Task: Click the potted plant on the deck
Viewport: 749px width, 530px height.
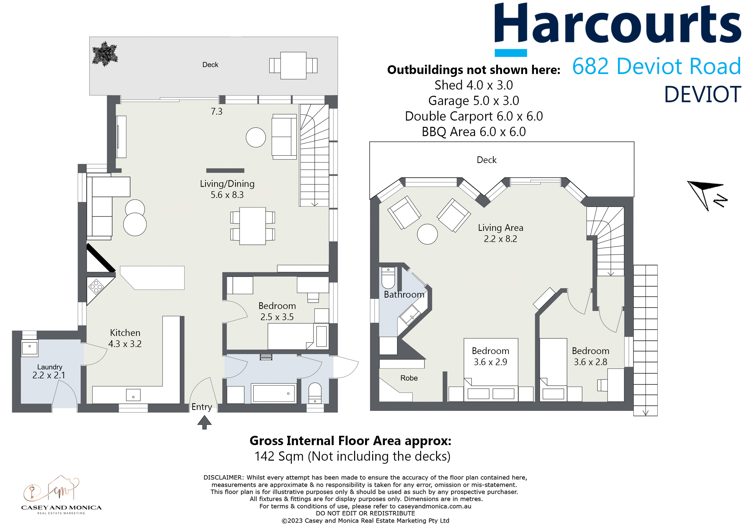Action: [105, 54]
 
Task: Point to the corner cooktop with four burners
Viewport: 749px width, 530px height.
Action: [96, 287]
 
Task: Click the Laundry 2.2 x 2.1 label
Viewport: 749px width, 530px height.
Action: [49, 371]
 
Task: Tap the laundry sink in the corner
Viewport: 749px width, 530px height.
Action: [30, 347]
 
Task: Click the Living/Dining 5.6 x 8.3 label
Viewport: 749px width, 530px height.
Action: [227, 189]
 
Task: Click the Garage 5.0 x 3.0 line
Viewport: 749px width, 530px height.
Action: [473, 101]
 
